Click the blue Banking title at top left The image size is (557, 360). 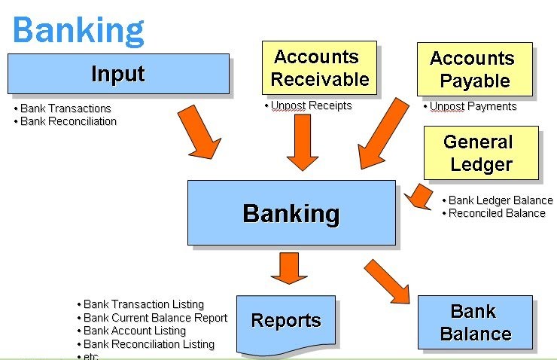click(78, 32)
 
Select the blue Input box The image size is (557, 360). click(119, 74)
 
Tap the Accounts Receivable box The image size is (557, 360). click(319, 68)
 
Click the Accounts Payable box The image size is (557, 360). click(475, 69)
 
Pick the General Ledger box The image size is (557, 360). click(481, 153)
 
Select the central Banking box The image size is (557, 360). click(291, 213)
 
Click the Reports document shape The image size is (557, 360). click(286, 325)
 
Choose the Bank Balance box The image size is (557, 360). click(475, 322)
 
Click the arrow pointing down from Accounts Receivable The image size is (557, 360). click(303, 142)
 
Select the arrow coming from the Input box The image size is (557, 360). click(199, 133)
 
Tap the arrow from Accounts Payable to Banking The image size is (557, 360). click(383, 134)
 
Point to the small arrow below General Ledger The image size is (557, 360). click(419, 197)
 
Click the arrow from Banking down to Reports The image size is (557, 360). click(289, 268)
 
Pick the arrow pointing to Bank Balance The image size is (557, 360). click(387, 282)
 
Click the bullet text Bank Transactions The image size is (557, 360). click(65, 108)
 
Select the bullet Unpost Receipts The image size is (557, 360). click(311, 105)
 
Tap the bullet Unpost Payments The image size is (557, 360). click(473, 106)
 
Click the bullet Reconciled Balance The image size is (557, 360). click(497, 213)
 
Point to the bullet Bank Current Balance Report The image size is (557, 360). click(155, 318)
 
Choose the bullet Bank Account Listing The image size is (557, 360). click(135, 331)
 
